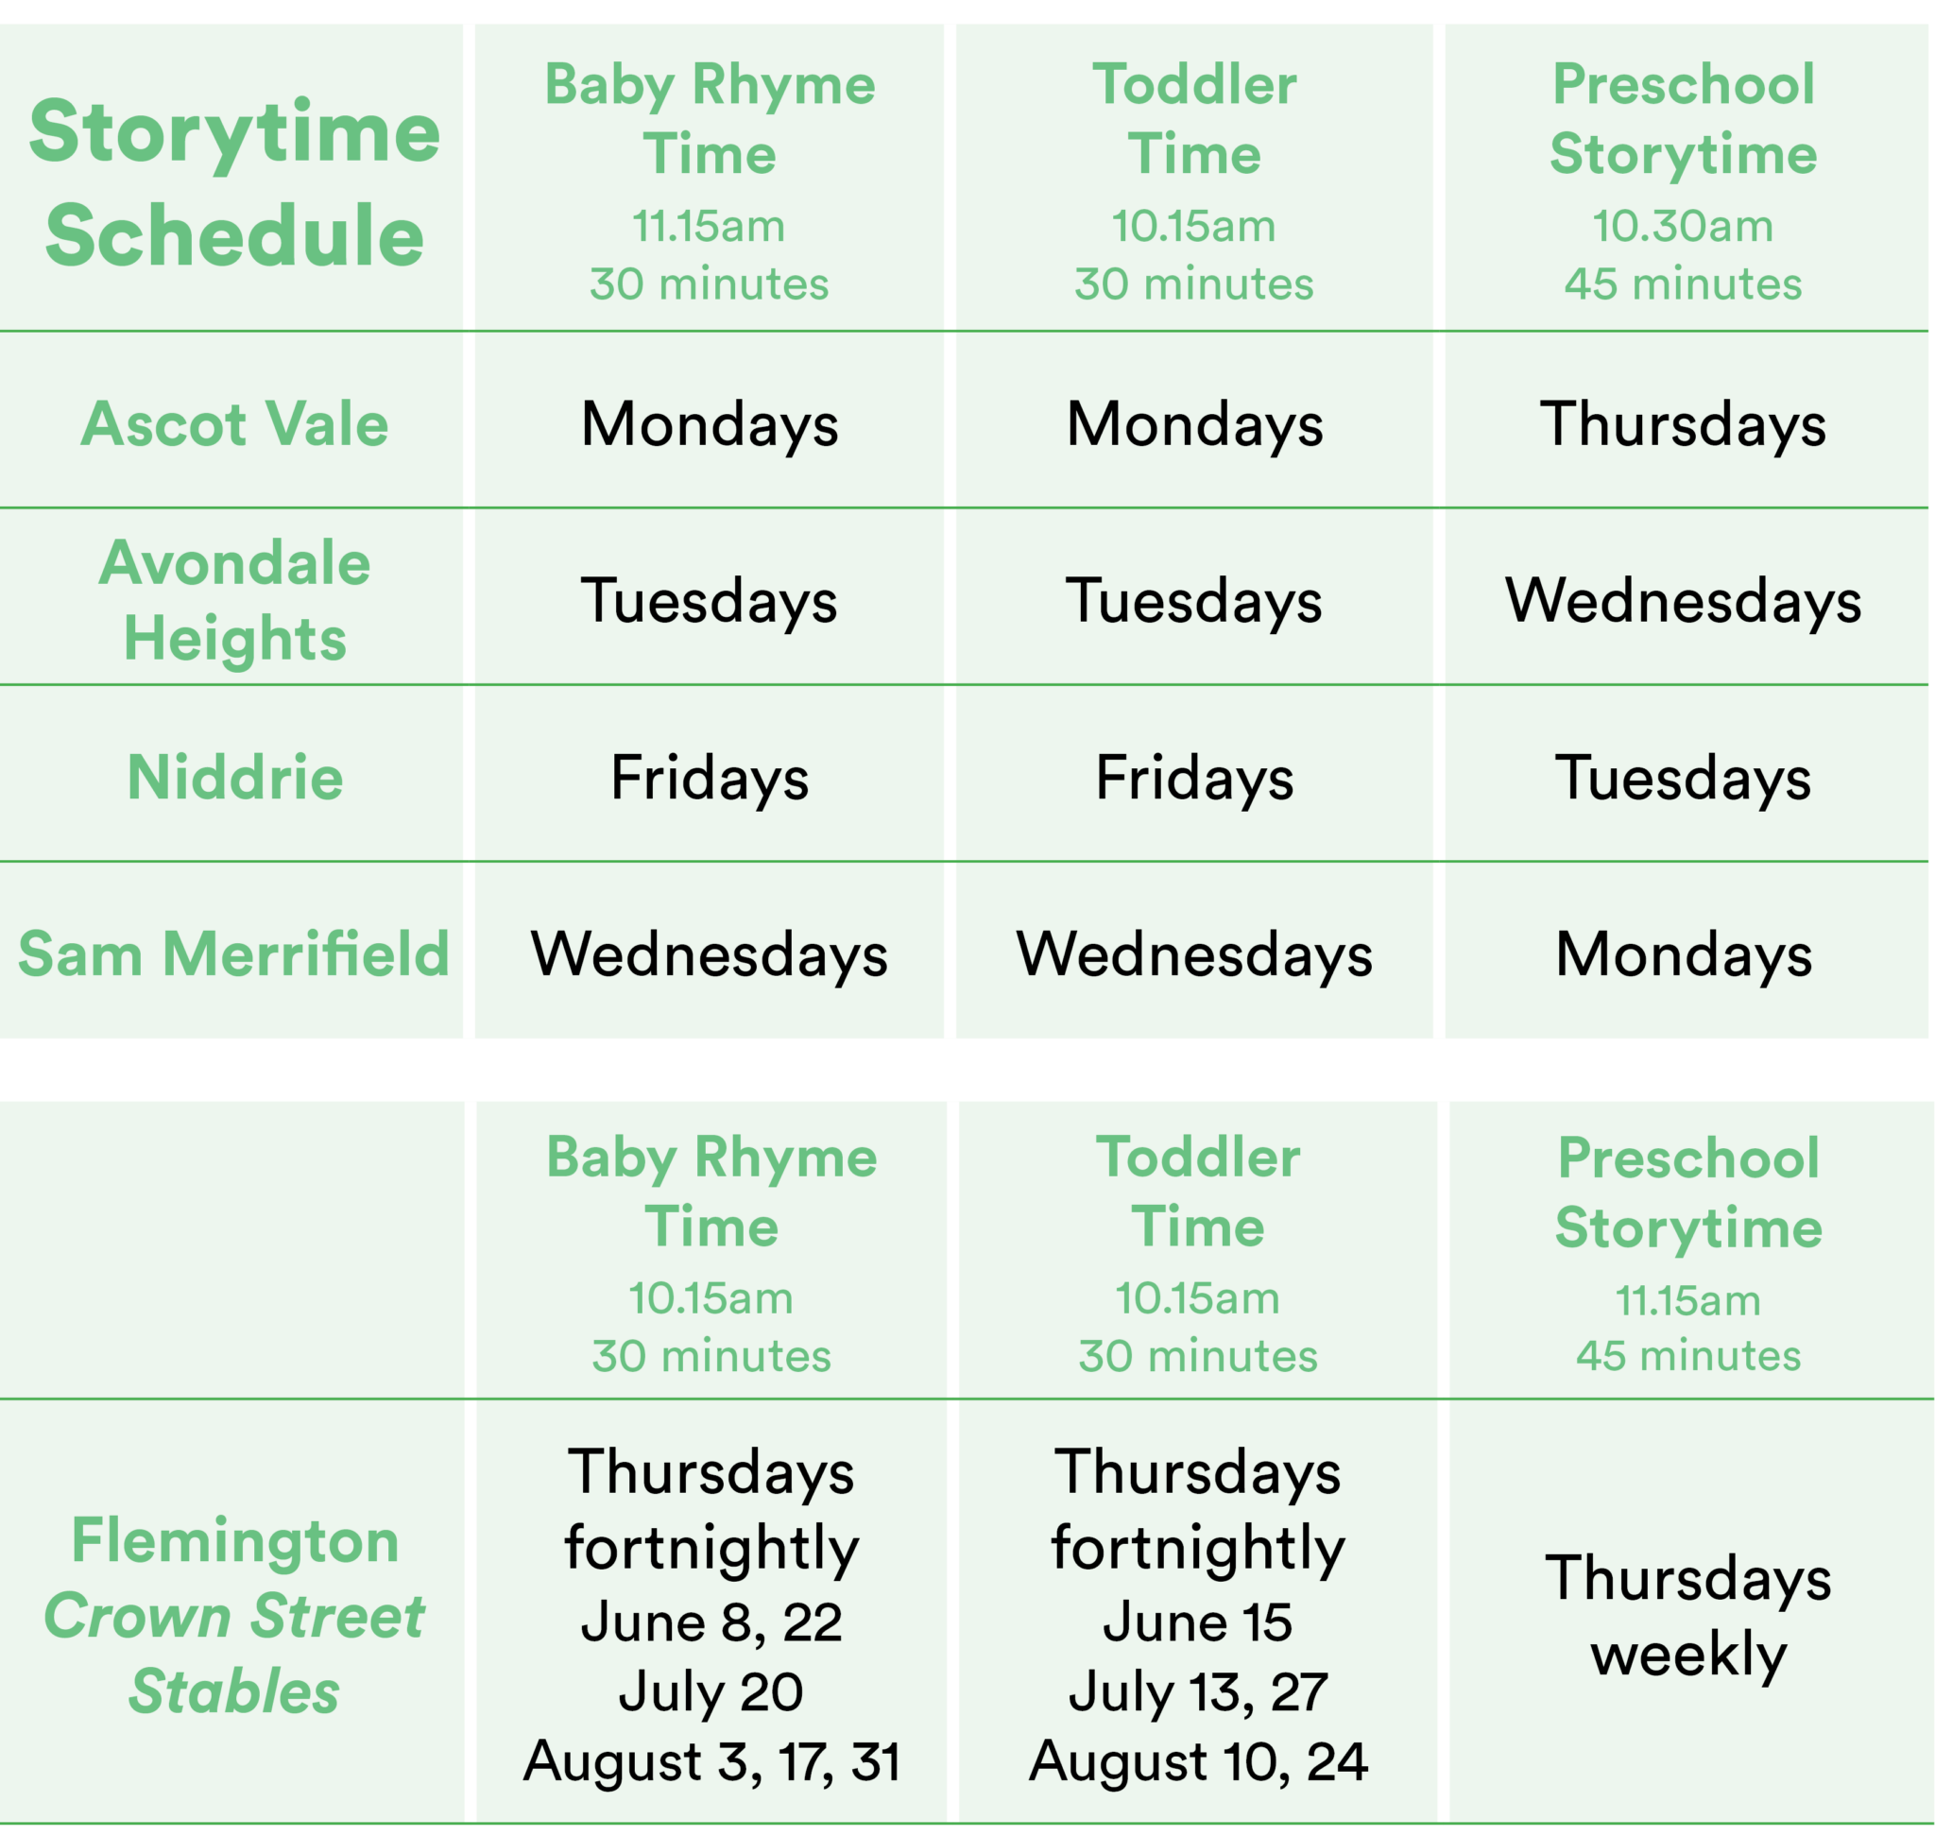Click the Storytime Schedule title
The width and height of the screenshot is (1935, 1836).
tap(234, 183)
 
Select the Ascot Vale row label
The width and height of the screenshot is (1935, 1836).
tap(234, 425)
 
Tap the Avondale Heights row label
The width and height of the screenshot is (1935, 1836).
tap(234, 601)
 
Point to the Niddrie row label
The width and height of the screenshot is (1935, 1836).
tap(234, 778)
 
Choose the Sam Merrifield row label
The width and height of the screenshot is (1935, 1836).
tap(234, 954)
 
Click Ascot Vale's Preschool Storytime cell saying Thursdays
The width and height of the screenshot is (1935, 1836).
tap(1683, 425)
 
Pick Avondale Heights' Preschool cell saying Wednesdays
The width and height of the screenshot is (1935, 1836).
tap(1683, 601)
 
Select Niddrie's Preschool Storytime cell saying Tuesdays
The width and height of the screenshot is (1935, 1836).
tap(1683, 778)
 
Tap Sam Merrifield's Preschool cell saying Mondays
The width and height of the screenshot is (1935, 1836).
tap(1683, 954)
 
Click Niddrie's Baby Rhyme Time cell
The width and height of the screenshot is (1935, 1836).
tap(710, 778)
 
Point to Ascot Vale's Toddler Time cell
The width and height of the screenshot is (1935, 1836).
tap(1194, 425)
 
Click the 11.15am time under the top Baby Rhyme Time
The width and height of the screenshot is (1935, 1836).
tap(709, 226)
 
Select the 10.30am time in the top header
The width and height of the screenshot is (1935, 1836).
tap(1683, 226)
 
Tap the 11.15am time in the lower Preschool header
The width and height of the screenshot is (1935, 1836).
tap(1687, 1300)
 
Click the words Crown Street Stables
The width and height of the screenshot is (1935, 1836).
tap(234, 1653)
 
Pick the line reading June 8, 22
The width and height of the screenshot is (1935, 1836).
tap(711, 1622)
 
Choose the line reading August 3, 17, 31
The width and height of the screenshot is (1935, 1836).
tap(711, 1761)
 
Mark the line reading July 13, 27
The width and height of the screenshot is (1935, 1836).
tap(1198, 1692)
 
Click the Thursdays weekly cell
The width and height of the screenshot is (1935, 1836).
tap(1687, 1616)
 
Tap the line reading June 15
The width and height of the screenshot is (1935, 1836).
tap(1198, 1622)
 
